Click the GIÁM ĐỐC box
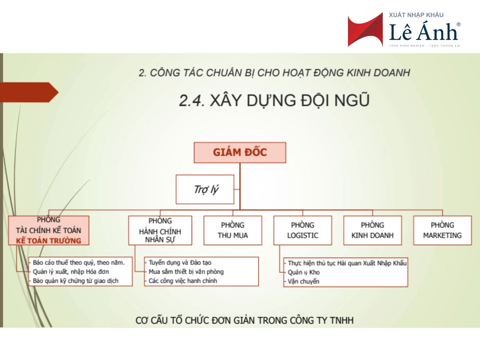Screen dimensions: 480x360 coord(240,152)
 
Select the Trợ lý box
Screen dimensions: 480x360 coord(205,189)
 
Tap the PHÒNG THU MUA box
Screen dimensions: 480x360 coord(233,230)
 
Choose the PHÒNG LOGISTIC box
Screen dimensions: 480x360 coord(303,230)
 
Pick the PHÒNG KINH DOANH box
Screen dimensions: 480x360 coord(373,230)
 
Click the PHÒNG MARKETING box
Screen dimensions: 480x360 coord(442,230)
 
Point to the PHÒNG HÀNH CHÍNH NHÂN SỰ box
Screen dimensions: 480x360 coord(160,230)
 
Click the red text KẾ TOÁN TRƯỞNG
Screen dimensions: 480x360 coord(48,241)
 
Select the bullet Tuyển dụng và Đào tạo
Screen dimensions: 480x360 coord(180,262)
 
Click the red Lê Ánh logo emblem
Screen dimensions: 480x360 coord(365,30)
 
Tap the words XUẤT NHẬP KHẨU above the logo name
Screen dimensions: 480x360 coord(416,15)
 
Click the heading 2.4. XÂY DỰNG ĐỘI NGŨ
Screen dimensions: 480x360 coord(274,100)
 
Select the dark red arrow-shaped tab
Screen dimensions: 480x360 coord(29,92)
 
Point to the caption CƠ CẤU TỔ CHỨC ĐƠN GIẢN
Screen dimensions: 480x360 coord(244,320)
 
